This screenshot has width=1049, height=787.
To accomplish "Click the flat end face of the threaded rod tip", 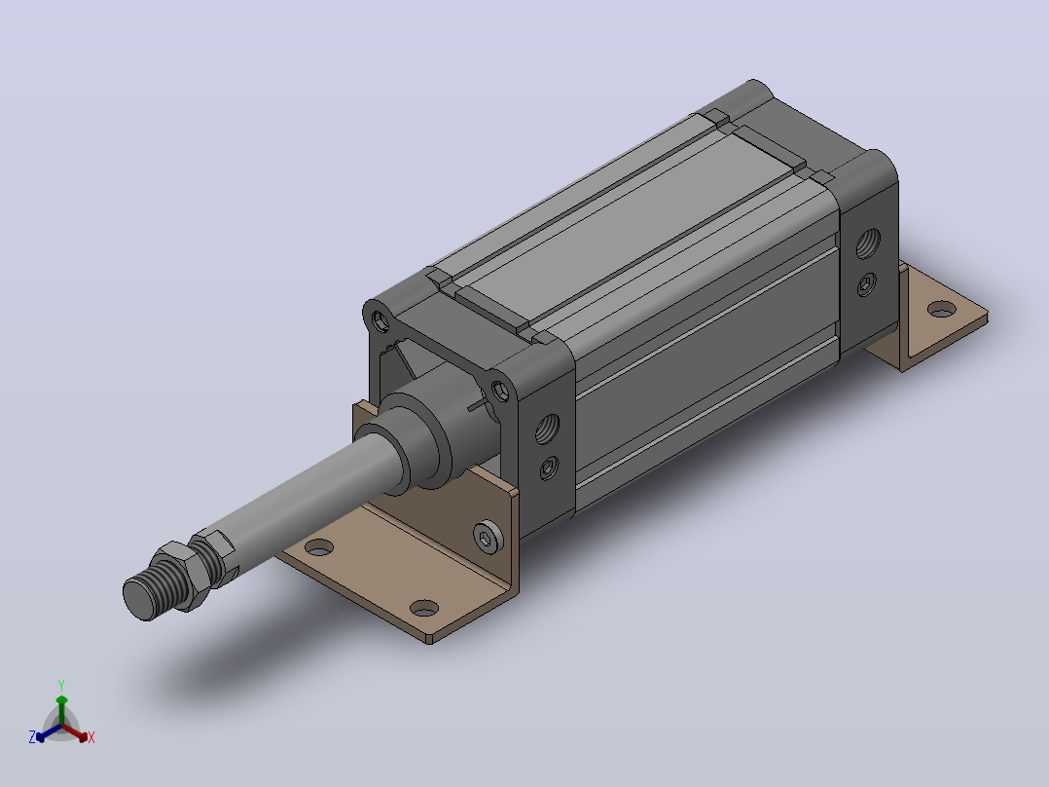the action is point(138,597).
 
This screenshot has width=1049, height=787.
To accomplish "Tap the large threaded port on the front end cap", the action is point(548,429).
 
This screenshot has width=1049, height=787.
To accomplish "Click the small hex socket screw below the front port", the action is point(549,467).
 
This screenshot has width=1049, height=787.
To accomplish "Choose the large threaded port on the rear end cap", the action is point(868,244).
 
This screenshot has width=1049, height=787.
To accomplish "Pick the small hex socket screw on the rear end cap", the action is point(867,284).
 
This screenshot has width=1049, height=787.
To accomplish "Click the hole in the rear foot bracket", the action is point(942,310).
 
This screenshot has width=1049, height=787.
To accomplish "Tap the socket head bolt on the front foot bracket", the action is point(488,537).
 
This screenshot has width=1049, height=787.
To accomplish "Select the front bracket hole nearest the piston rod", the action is point(319,547).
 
